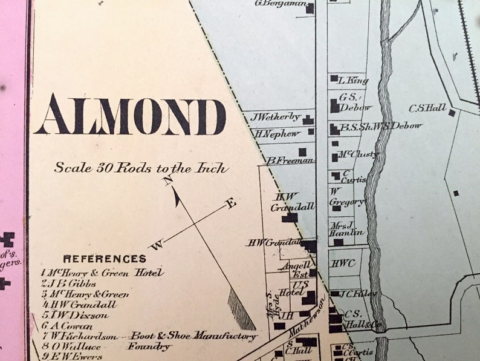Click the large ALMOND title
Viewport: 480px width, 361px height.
tap(130, 114)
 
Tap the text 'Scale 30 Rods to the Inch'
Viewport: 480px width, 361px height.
tap(141, 168)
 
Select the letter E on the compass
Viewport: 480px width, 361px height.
tap(231, 204)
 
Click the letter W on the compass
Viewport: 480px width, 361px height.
tap(156, 245)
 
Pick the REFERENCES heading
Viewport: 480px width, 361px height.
tap(105, 259)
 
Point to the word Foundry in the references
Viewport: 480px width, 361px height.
tap(149, 347)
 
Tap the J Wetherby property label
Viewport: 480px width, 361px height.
tap(275, 116)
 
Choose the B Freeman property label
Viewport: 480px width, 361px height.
tap(290, 161)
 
